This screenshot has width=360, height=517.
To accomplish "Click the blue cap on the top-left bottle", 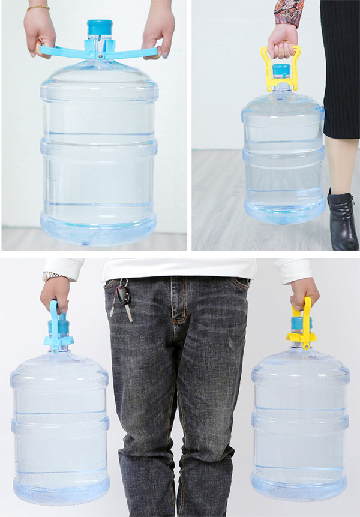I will [100, 28].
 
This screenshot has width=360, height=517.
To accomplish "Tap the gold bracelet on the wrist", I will [38, 8].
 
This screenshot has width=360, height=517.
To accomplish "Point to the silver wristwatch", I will [50, 276].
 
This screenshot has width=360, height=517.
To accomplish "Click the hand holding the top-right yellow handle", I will [282, 40].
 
